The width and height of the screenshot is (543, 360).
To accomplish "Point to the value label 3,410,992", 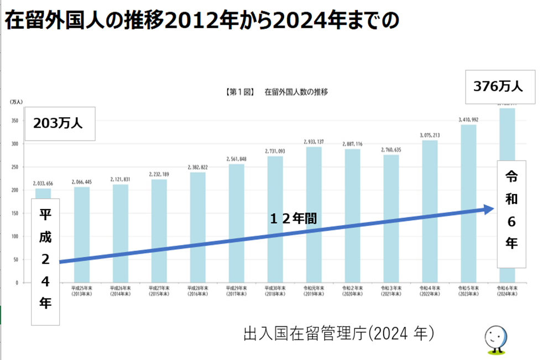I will point(468,119).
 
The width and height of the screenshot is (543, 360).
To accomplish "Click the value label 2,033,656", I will point(43,184).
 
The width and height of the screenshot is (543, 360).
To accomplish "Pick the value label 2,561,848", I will point(236,159).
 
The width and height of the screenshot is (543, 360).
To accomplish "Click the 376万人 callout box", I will point(500,87).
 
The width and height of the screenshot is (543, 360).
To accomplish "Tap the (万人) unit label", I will point(15,102).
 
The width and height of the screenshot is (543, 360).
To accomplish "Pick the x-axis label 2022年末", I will point(430,291).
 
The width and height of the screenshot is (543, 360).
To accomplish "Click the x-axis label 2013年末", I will point(82,291).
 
